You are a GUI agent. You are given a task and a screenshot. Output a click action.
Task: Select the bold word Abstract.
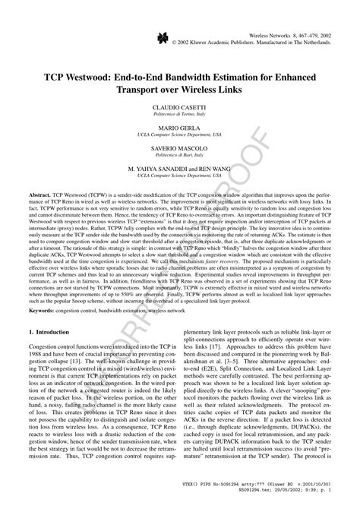(x=43, y=194)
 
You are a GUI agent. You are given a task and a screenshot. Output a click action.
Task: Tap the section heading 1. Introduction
(x=55, y=334)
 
